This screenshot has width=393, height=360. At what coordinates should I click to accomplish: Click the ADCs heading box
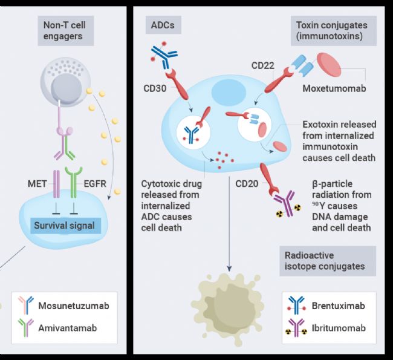[x=163, y=25]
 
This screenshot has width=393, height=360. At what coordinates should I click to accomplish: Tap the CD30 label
[x=155, y=88]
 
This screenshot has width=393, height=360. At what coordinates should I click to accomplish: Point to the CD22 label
[x=263, y=65]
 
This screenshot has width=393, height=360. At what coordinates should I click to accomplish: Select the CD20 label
[x=247, y=184]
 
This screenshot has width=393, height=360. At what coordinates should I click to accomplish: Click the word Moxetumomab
[x=334, y=88]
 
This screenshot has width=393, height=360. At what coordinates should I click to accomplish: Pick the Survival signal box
[x=66, y=226]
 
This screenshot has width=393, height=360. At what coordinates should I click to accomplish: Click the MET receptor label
[x=37, y=184]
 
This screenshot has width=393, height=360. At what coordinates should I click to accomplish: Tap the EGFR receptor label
[x=95, y=184]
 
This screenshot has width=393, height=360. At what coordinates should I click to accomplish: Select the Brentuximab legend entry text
[x=339, y=306]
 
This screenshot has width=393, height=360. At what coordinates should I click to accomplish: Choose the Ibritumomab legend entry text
[x=339, y=328]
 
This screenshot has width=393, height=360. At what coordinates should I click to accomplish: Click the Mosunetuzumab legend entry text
[x=74, y=306]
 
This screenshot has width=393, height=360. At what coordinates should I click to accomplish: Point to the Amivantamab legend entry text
[x=68, y=328]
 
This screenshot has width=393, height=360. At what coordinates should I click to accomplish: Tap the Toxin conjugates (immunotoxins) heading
[x=334, y=31]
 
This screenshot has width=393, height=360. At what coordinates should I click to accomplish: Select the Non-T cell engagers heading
[x=66, y=31]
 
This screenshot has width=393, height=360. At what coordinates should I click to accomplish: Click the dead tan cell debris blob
[x=227, y=309]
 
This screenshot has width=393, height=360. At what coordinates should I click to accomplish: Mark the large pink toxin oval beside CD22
[x=329, y=65]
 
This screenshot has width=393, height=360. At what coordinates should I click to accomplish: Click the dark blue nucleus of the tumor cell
[x=229, y=93]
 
